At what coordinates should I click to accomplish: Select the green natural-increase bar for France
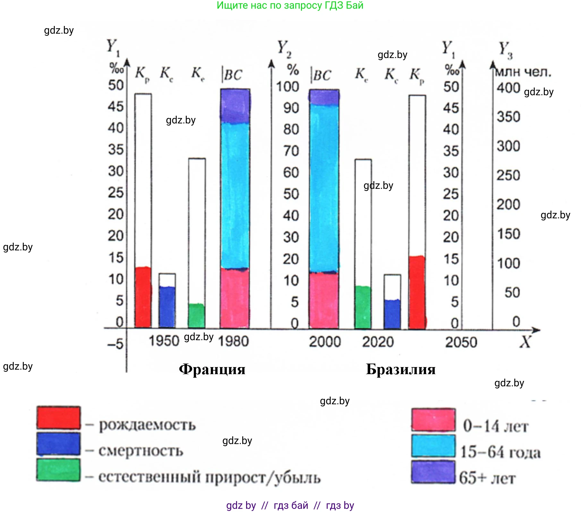pos(196,315)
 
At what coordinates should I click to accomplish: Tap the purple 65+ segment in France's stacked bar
pos(235,106)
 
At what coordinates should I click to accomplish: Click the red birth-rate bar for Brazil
pos(417,292)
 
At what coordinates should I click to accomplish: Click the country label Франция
pos(212,369)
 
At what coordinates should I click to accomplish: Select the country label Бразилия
pos(401,369)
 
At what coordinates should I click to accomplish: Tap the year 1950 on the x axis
pos(164,341)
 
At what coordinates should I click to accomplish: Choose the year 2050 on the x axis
pos(461,342)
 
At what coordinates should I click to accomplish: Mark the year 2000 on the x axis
pos(325,341)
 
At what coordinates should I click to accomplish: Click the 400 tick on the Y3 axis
pos(508,88)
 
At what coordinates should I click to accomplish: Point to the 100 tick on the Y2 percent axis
pos(288,87)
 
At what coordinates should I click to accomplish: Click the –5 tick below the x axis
pos(115,344)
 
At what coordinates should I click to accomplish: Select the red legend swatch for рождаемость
pos(58,417)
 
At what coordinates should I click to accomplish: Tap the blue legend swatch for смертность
pos(58,444)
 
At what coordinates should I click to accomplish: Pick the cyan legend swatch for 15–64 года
pos(433,446)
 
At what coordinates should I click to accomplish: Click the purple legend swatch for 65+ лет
pos(433,472)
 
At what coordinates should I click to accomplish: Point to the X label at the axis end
pos(525,342)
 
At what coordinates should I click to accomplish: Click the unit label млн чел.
pos(523,72)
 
